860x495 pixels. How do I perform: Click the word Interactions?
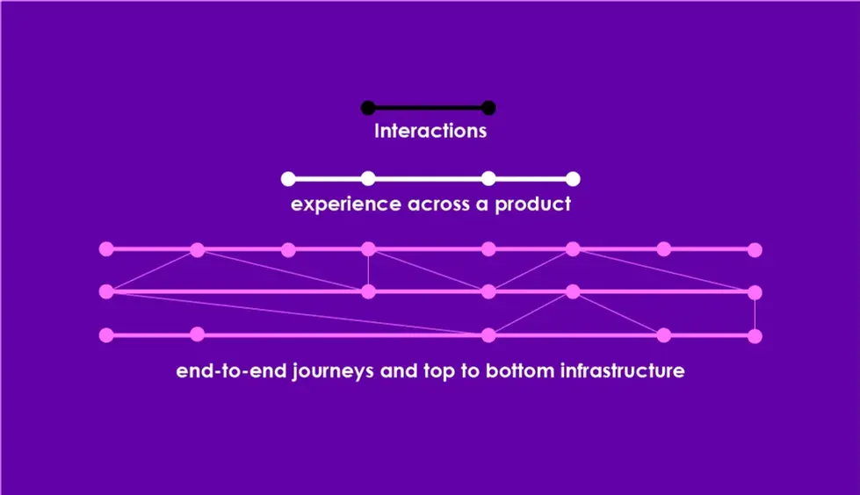pyautogui.click(x=430, y=131)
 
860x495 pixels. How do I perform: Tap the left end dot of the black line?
pyautogui.click(x=368, y=108)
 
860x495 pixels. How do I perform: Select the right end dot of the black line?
pyautogui.click(x=488, y=108)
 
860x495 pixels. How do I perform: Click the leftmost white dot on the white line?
pyautogui.click(x=288, y=179)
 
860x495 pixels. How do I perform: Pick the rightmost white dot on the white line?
pyautogui.click(x=573, y=179)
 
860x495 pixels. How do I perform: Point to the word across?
pyautogui.click(x=438, y=204)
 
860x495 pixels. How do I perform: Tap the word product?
pyautogui.click(x=532, y=204)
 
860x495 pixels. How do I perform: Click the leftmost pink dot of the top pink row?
pyautogui.click(x=106, y=249)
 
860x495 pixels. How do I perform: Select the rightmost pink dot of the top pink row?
pyautogui.click(x=755, y=250)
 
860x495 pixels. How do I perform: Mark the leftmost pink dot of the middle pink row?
pyautogui.click(x=106, y=291)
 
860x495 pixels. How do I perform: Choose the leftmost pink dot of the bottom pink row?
pyautogui.click(x=106, y=335)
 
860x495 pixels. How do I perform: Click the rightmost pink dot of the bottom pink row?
pyautogui.click(x=755, y=335)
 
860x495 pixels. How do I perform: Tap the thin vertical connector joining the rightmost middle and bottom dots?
pyautogui.click(x=755, y=314)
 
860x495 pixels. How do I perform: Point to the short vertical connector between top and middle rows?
pyautogui.click(x=368, y=271)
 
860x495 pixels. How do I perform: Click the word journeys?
pyautogui.click(x=332, y=371)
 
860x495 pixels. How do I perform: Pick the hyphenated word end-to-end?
pyautogui.click(x=231, y=371)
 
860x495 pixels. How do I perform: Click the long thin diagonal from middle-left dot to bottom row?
pyautogui.click(x=297, y=313)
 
